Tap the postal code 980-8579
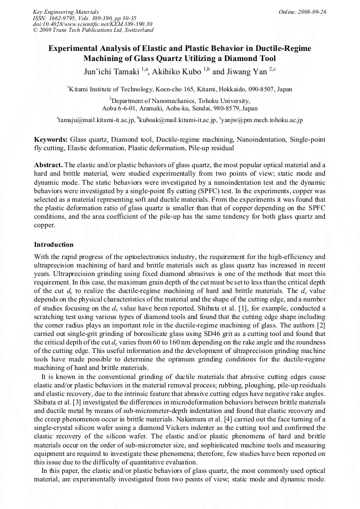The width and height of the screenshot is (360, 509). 223,108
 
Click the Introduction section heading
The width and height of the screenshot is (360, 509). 54,245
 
